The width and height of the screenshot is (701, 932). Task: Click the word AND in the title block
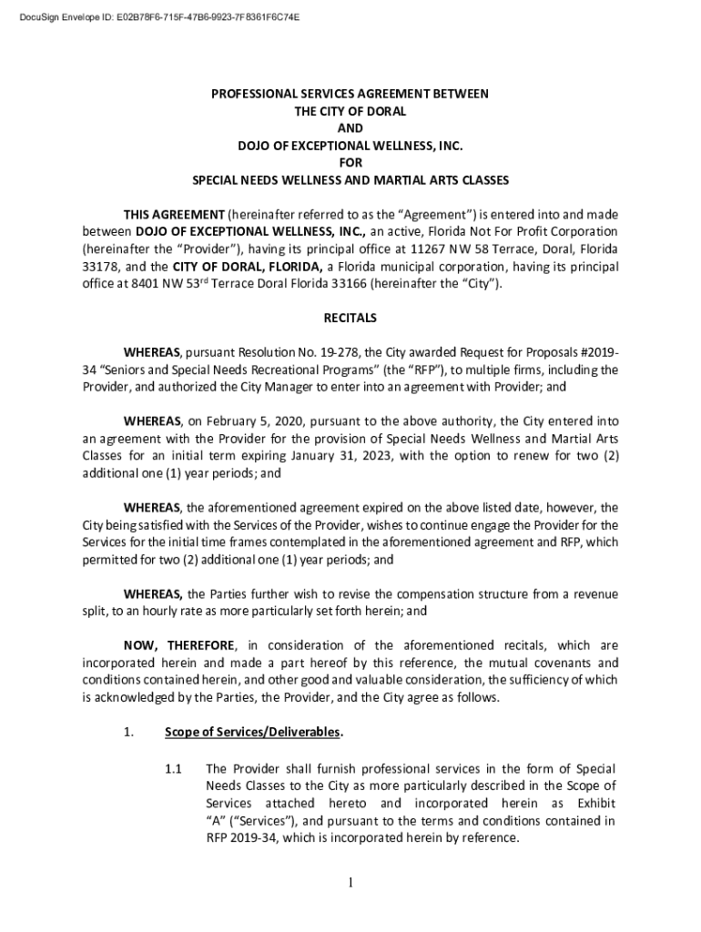[350, 128]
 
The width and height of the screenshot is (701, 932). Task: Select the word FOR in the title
[350, 163]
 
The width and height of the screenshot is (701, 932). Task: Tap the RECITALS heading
[350, 319]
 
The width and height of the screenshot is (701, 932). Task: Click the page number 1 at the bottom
[350, 882]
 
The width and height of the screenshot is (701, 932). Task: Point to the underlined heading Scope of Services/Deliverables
[253, 732]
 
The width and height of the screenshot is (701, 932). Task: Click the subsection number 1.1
[174, 769]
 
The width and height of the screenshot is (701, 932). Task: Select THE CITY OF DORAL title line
[350, 111]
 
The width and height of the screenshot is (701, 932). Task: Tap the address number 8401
[147, 284]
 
